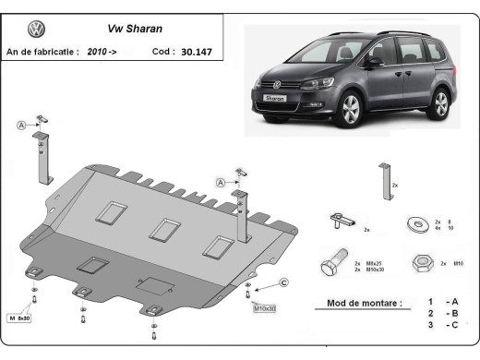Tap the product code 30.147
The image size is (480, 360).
coord(196,52)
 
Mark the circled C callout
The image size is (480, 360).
coord(284,282)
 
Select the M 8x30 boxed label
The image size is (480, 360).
coord(20,318)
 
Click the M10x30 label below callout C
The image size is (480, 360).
coord(265,307)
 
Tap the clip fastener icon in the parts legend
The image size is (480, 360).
coord(340,221)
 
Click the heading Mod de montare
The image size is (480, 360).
coord(365,303)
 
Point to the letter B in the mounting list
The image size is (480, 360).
coord(453,315)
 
